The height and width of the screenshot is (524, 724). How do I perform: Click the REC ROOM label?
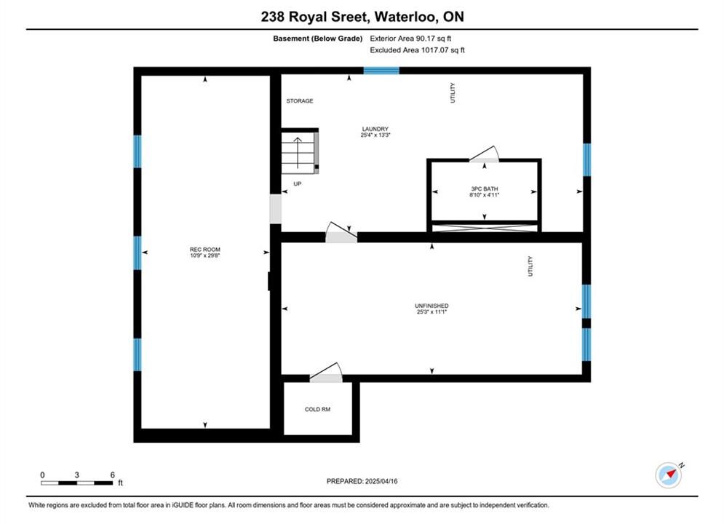pyautogui.click(x=205, y=250)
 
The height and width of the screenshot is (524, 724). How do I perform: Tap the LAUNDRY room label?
pyautogui.click(x=375, y=129)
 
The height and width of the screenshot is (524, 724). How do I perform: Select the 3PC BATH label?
pyautogui.click(x=485, y=188)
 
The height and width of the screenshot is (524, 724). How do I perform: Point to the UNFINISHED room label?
pyautogui.click(x=431, y=306)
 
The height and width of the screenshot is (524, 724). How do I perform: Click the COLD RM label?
pyautogui.click(x=318, y=409)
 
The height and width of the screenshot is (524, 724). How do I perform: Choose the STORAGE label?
pyautogui.click(x=300, y=100)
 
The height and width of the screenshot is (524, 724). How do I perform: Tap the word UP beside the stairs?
pyautogui.click(x=298, y=183)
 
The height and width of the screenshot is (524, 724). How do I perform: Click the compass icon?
pyautogui.click(x=669, y=475)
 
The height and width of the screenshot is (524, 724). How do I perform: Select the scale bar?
pyautogui.click(x=76, y=483)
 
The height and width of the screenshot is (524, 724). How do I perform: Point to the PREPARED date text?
pyautogui.click(x=362, y=481)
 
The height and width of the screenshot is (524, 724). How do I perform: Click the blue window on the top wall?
pyautogui.click(x=381, y=71)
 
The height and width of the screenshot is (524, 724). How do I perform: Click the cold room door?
pyautogui.click(x=326, y=373)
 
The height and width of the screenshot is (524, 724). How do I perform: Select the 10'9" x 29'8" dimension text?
pyautogui.click(x=205, y=255)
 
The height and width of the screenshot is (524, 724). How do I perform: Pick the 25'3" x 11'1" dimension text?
pyautogui.click(x=431, y=311)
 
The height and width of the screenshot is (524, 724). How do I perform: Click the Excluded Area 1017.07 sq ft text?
pyautogui.click(x=418, y=50)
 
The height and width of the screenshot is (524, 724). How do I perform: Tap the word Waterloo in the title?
pyautogui.click(x=405, y=17)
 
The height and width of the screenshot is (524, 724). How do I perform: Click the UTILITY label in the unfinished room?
pyautogui.click(x=530, y=266)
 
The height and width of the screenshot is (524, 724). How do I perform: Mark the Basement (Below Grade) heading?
pyautogui.click(x=318, y=39)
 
